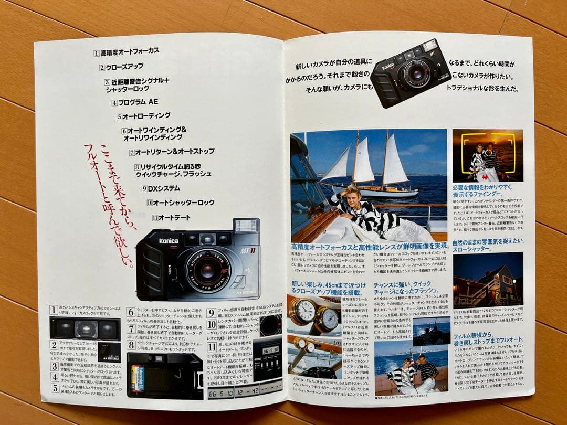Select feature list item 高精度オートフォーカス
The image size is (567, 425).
pos(129,52)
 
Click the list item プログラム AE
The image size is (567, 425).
pos(138,102)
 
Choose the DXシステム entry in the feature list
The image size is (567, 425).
pos(163,188)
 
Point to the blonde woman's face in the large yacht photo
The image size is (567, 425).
pos(350,194)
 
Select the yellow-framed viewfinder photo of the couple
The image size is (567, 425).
pos(488,156)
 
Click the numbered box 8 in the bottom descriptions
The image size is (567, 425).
pos(131,345)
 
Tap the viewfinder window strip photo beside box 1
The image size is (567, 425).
pos(85,328)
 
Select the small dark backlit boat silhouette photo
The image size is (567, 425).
pos(431,330)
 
